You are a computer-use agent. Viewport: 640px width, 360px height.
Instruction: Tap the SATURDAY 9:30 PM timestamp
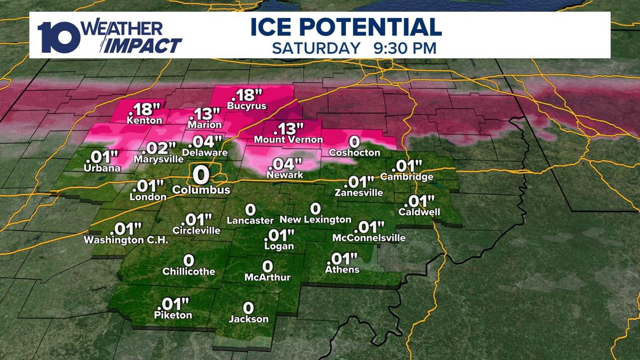(354, 48)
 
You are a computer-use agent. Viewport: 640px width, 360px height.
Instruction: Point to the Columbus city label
(201, 190)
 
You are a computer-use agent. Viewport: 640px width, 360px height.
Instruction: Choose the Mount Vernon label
(289, 139)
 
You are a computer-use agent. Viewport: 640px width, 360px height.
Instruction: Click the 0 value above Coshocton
(354, 141)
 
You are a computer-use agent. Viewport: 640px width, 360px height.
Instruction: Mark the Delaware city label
(204, 152)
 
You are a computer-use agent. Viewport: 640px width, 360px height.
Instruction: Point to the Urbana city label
(102, 168)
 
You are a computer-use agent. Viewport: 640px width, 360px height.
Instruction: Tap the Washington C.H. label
(126, 240)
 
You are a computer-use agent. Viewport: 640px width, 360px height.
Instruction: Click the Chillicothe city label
(189, 271)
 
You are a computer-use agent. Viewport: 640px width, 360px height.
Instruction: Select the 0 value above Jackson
(248, 307)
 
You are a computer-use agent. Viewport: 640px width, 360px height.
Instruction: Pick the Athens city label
(342, 270)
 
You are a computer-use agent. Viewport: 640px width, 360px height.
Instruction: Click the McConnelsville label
(368, 238)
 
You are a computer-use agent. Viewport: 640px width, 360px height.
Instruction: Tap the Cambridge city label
(406, 177)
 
